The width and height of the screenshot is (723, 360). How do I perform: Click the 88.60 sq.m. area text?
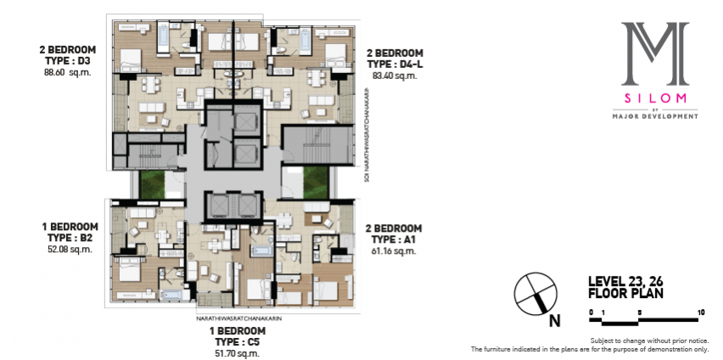point(67,72)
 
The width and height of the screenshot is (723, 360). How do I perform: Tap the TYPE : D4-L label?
point(395,65)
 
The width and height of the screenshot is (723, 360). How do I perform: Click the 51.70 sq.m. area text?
point(238,353)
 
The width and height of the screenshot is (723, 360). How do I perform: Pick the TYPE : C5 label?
point(238,342)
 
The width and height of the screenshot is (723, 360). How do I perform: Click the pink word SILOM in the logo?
point(655,98)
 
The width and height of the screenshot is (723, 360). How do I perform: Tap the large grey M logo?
point(655,54)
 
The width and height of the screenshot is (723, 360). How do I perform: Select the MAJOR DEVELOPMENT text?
point(655,117)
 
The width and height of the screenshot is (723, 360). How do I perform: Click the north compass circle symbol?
point(535,294)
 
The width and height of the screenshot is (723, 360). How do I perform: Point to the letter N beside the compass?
point(555,320)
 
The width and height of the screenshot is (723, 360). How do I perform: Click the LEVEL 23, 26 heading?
point(625,281)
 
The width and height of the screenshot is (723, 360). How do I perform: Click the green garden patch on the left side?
point(153,185)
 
